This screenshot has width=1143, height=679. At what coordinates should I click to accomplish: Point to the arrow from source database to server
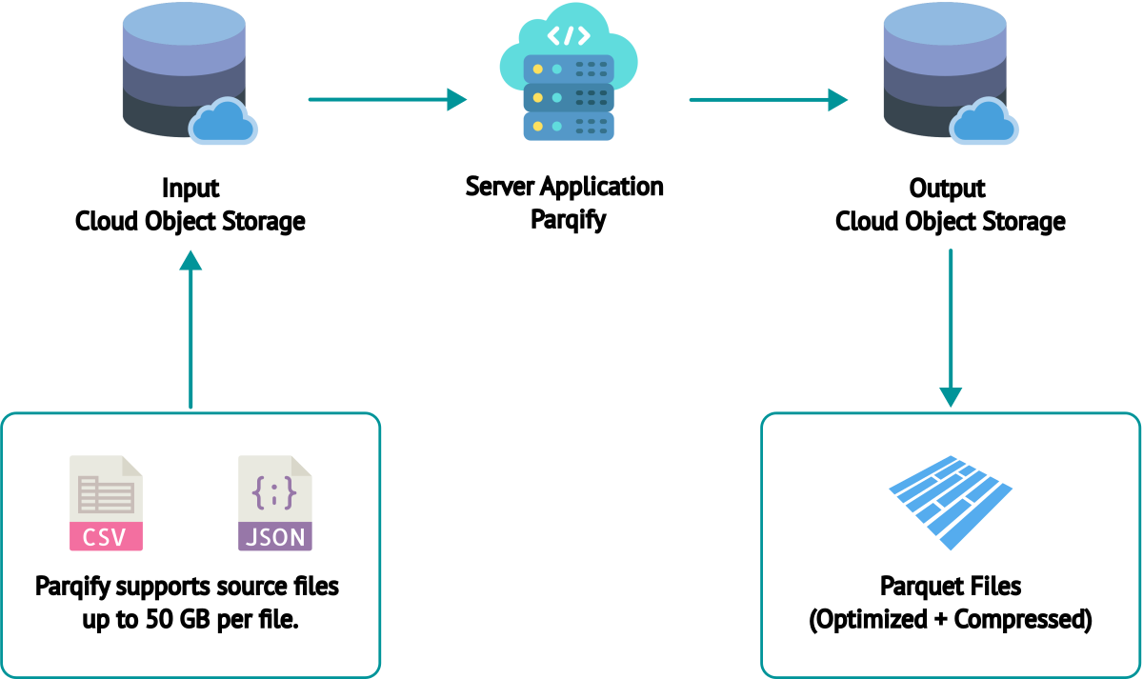tap(387, 99)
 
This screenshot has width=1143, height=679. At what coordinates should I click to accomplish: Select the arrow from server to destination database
tap(768, 99)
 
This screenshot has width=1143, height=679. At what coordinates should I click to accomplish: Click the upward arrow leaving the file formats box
tap(191, 329)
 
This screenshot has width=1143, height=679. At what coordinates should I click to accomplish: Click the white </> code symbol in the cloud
tap(569, 36)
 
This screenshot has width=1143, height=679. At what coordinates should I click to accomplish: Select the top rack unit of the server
tap(569, 70)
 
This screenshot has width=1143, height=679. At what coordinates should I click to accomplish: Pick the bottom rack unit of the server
tap(569, 126)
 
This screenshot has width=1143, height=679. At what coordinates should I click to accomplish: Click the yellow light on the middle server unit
tap(538, 98)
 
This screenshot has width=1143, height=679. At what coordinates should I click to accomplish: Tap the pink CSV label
tap(106, 536)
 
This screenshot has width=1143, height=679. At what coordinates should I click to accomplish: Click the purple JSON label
tap(275, 536)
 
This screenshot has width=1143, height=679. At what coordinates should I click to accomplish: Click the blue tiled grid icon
tap(950, 500)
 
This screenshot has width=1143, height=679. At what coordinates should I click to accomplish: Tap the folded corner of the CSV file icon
tap(131, 466)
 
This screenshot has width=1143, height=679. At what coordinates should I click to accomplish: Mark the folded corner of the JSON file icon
tap(301, 466)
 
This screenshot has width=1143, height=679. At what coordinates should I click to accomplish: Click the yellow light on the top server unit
tap(538, 70)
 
